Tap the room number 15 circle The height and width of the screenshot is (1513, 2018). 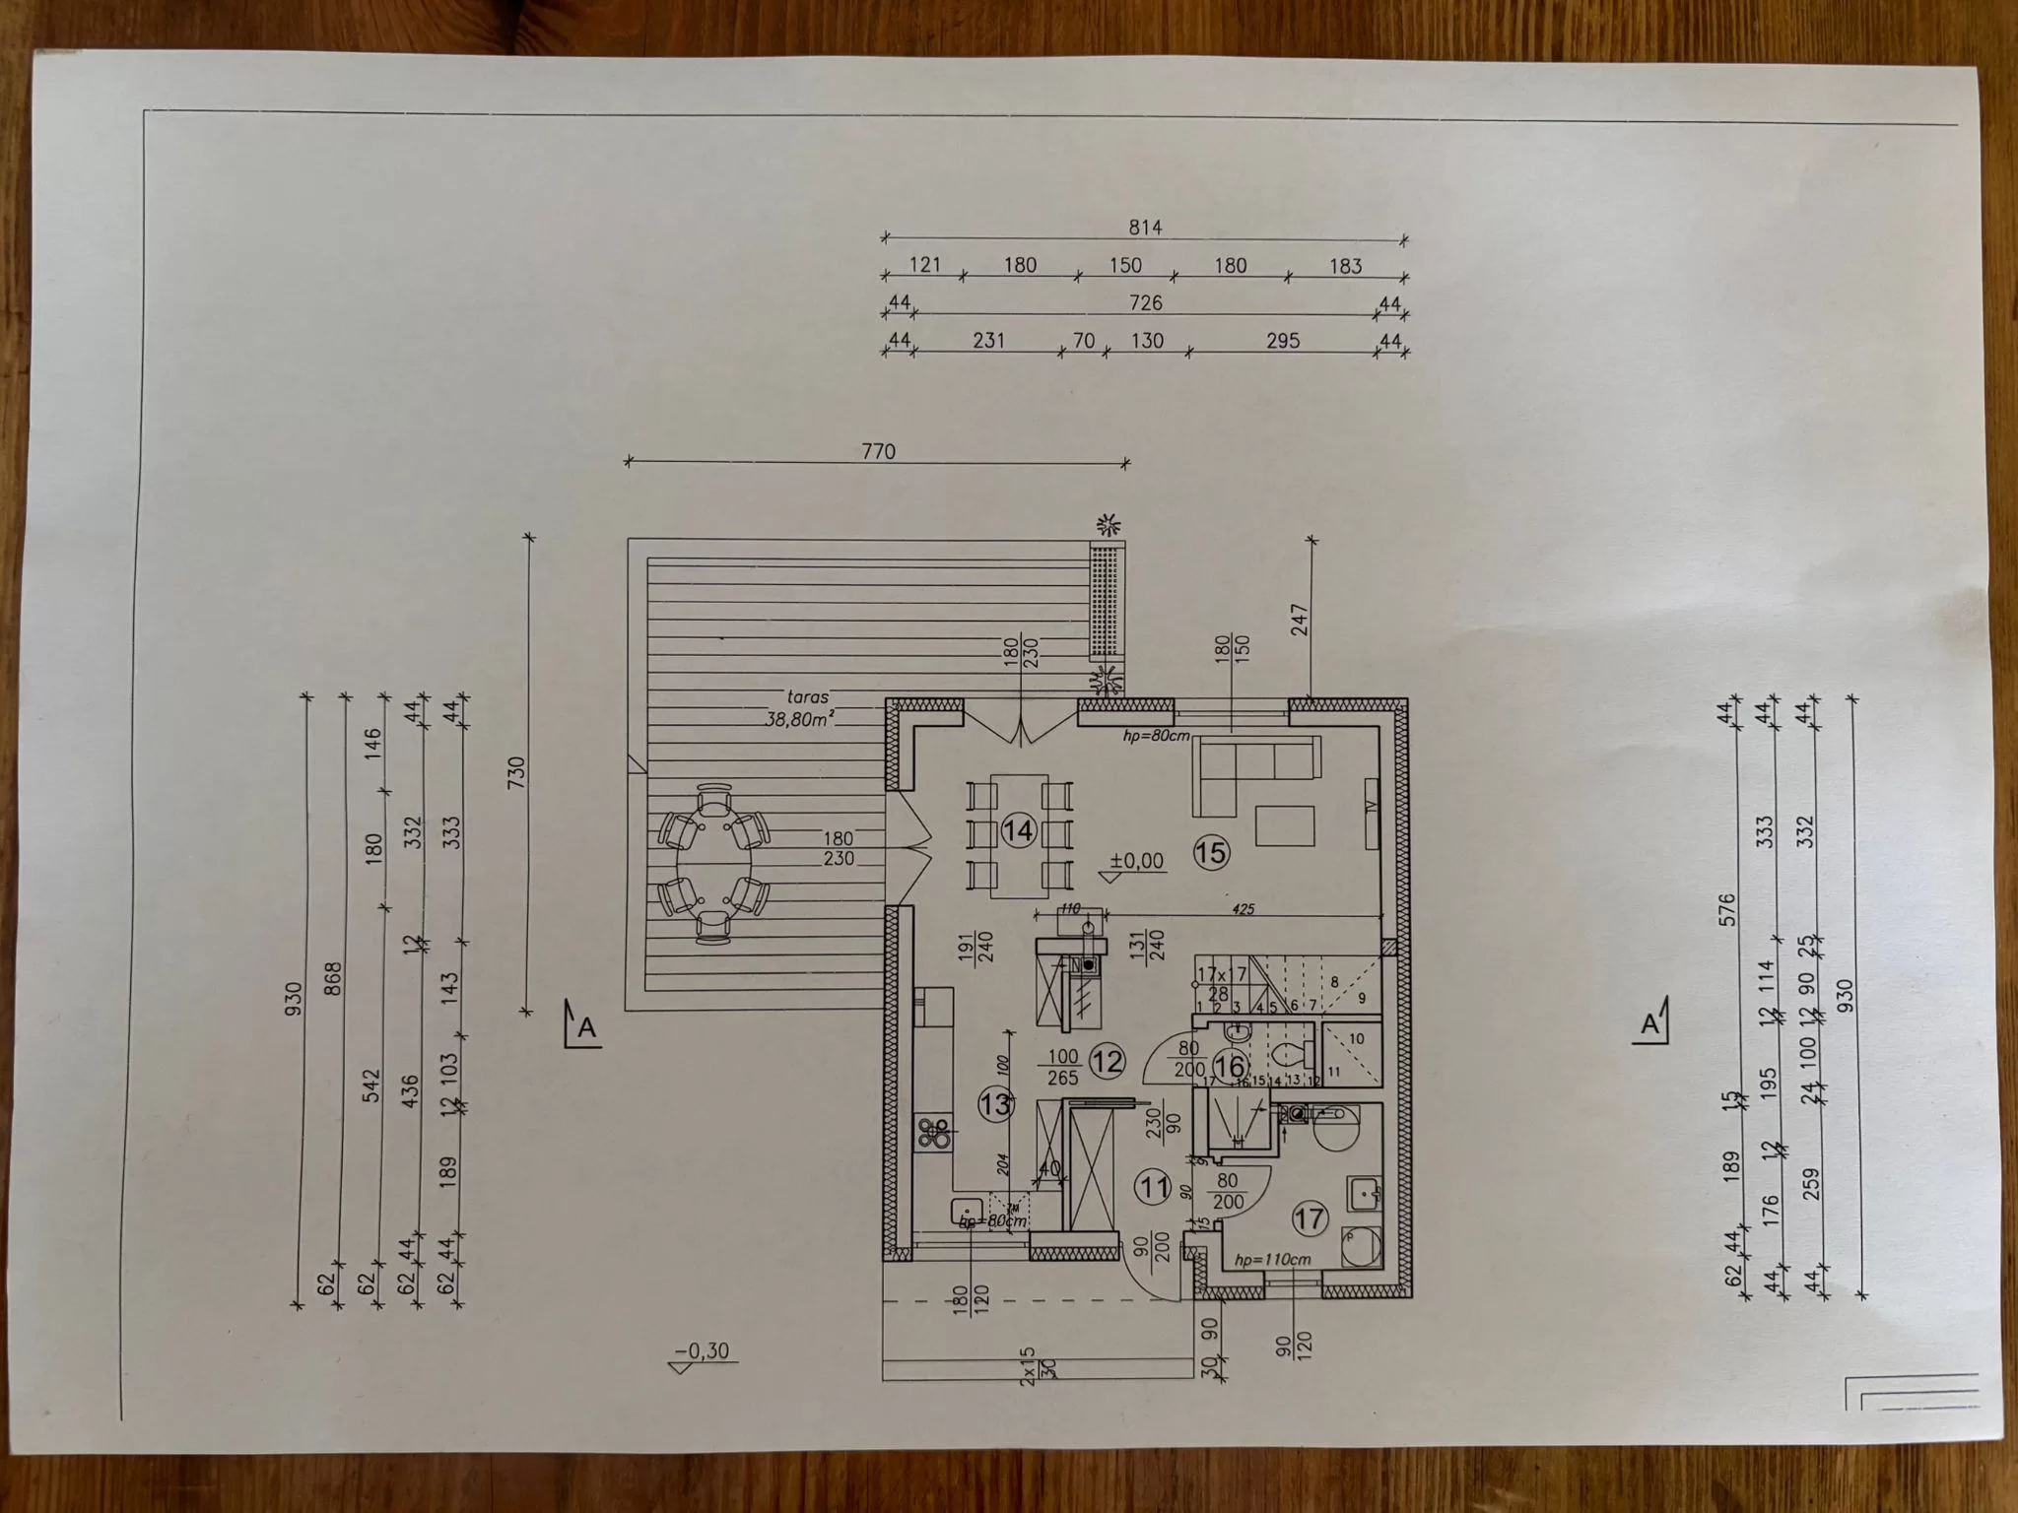pyautogui.click(x=1211, y=853)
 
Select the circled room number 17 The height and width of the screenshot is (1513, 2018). pyautogui.click(x=1310, y=1217)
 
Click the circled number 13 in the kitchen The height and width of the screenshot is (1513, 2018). pyautogui.click(x=995, y=1104)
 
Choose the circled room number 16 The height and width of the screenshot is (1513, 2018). pyautogui.click(x=1229, y=1066)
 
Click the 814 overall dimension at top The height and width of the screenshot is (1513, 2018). pyautogui.click(x=1145, y=228)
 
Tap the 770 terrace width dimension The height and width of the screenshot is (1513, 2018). pyautogui.click(x=878, y=451)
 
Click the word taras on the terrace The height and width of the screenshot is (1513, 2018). pyautogui.click(x=807, y=696)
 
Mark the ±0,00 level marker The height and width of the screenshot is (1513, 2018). pyautogui.click(x=1136, y=861)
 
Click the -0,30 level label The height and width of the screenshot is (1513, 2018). pyautogui.click(x=704, y=1350)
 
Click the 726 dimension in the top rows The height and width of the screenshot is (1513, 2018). pyautogui.click(x=1145, y=302)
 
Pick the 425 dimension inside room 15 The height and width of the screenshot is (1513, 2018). pyautogui.click(x=1244, y=909)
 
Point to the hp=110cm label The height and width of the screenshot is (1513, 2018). pyautogui.click(x=1272, y=1260)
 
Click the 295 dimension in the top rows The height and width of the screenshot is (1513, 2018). pyautogui.click(x=1282, y=341)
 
